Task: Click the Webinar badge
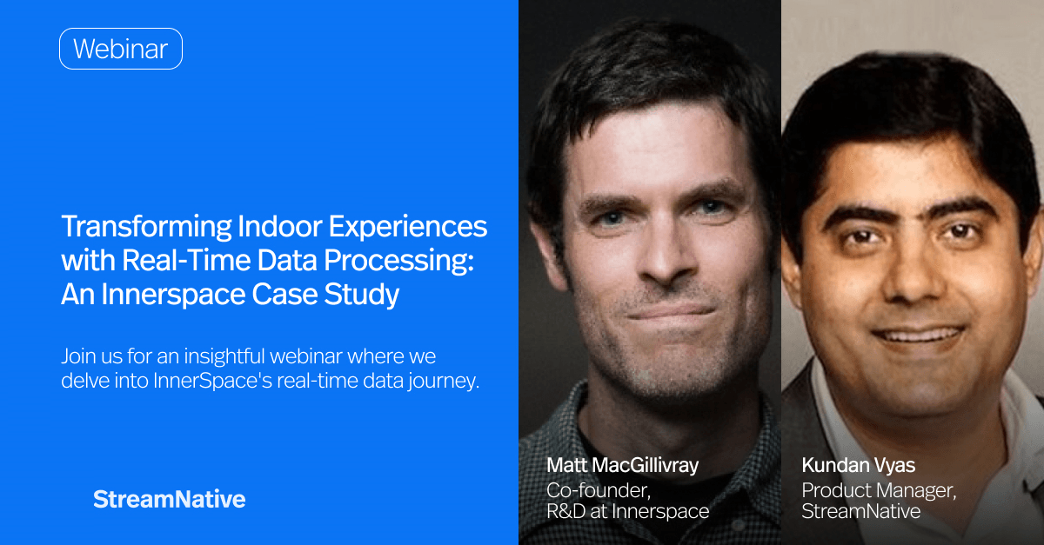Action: [120, 49]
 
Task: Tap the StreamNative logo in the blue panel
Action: [169, 499]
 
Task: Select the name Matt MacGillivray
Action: [622, 466]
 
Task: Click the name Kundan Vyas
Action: [857, 466]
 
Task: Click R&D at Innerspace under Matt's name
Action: [626, 511]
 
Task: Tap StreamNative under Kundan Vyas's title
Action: [860, 511]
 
